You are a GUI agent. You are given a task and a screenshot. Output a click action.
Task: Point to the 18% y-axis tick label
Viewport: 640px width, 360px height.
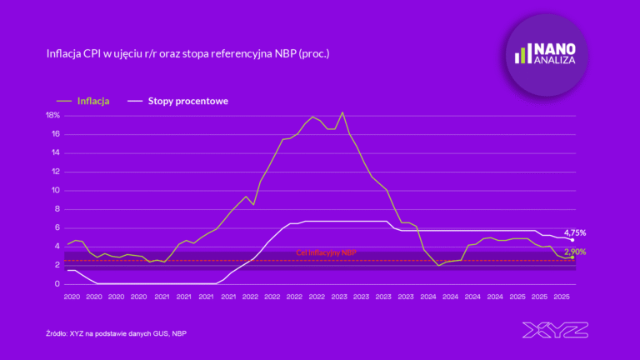pyautogui.click(x=52, y=115)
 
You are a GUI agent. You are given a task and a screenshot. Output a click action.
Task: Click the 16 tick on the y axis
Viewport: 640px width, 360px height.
pyautogui.click(x=55, y=134)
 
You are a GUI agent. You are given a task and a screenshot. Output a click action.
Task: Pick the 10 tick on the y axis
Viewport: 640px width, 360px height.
pyautogui.click(x=55, y=190)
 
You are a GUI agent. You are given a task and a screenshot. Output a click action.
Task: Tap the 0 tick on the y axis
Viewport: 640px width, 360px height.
pyautogui.click(x=57, y=284)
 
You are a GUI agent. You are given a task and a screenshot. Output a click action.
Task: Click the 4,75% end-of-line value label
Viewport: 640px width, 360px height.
pyautogui.click(x=576, y=232)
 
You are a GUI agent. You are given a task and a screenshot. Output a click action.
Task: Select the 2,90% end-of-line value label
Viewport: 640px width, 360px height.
pyautogui.click(x=576, y=251)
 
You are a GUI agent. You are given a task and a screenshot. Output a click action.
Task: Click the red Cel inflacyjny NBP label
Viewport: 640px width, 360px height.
pyautogui.click(x=327, y=252)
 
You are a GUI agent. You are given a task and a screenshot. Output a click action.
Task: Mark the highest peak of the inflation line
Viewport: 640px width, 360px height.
pyautogui.click(x=342, y=112)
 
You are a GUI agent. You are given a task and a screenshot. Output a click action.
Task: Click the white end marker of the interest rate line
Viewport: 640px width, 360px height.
pyautogui.click(x=572, y=240)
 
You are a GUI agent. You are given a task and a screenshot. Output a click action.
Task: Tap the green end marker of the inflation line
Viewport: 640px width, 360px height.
pyautogui.click(x=572, y=257)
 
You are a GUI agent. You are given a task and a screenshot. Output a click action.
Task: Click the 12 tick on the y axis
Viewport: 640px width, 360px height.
pyautogui.click(x=55, y=172)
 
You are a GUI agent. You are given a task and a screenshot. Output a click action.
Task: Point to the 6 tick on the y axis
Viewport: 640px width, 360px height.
pyautogui.click(x=57, y=227)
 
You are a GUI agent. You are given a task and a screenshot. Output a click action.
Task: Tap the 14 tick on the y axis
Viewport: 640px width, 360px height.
pyautogui.click(x=55, y=152)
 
